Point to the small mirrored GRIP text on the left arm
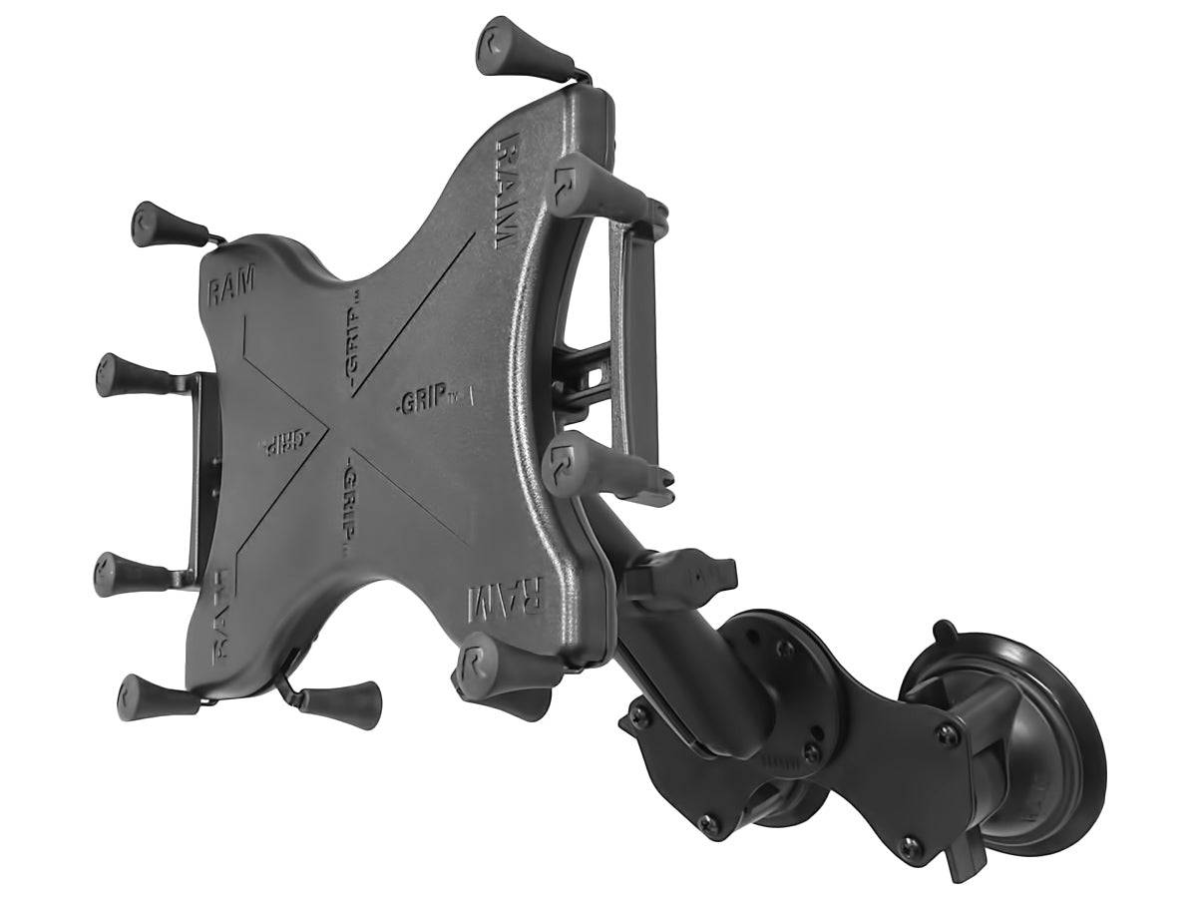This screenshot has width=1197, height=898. pyautogui.click(x=282, y=443)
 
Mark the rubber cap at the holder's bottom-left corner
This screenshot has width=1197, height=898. pyautogui.click(x=150, y=694)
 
